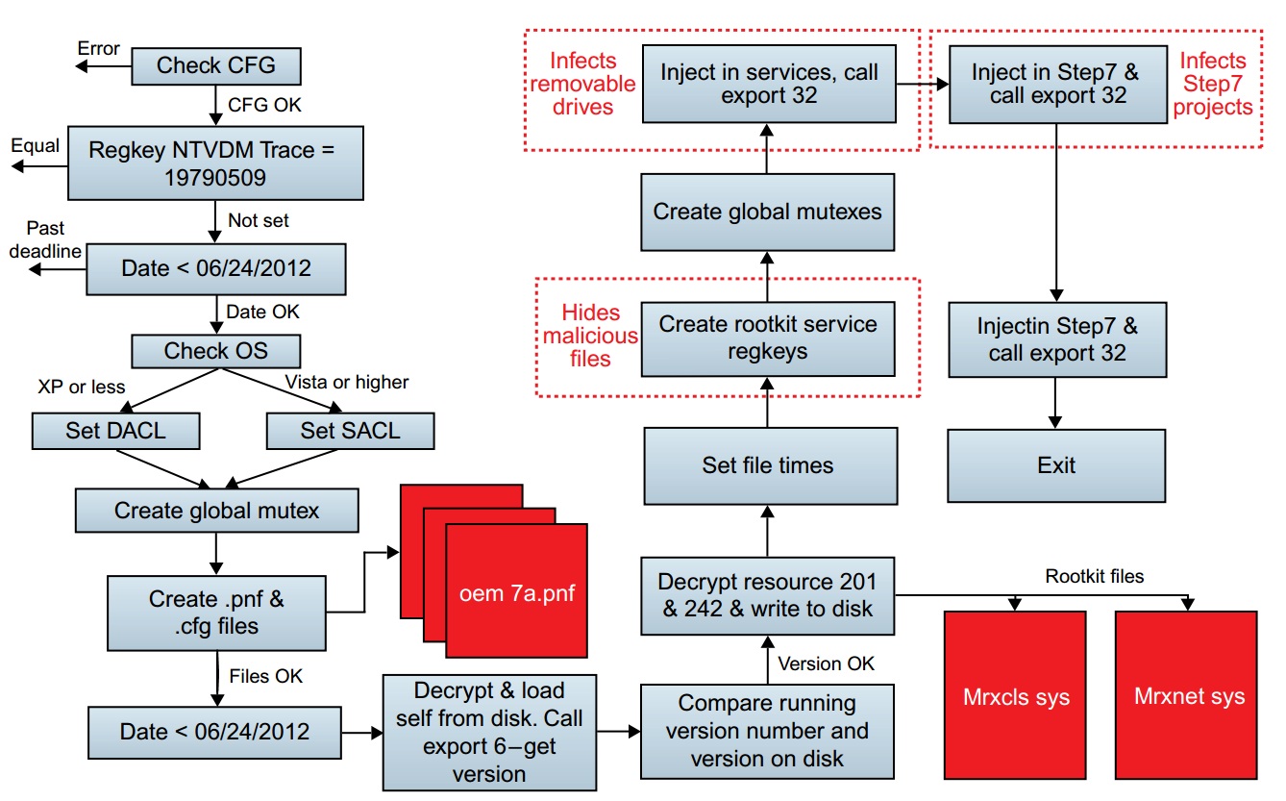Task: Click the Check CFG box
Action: [216, 66]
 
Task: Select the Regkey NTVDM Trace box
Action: [216, 163]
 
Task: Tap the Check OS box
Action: [216, 351]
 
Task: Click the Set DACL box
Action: [116, 430]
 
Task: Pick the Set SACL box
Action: [350, 430]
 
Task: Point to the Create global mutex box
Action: [217, 511]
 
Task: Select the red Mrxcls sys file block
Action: [1015, 695]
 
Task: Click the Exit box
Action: [1056, 465]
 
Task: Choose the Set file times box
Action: [770, 465]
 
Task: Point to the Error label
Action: [99, 47]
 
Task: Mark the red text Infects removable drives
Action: [592, 84]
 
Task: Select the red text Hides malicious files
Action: [590, 336]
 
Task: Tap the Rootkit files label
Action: [1096, 577]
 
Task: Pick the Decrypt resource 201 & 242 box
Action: [767, 594]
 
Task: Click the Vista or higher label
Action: [347, 382]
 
